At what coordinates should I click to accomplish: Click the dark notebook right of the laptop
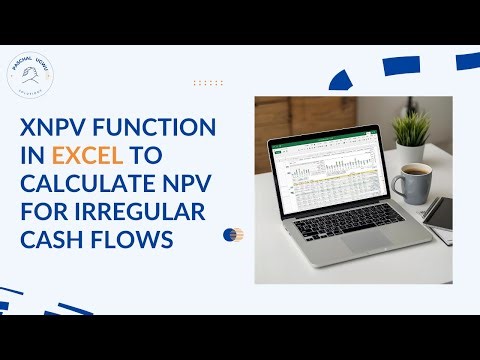click(438, 212)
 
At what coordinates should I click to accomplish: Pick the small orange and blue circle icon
click(232, 236)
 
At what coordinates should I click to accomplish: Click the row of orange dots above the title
click(207, 83)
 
